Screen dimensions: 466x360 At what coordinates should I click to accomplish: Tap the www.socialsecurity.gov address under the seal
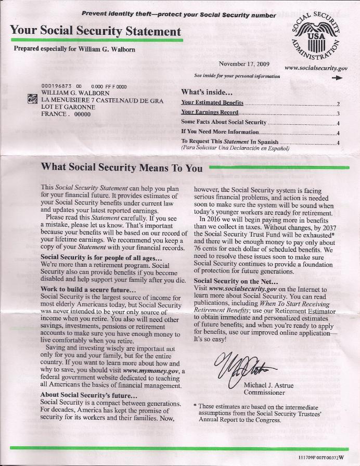click(316, 68)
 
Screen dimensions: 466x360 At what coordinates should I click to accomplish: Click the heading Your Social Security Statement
click(95, 31)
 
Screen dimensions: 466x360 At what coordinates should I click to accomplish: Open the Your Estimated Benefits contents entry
click(212, 103)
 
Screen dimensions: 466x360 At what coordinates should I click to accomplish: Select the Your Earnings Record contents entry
click(209, 112)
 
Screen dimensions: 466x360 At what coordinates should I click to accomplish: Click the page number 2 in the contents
click(338, 103)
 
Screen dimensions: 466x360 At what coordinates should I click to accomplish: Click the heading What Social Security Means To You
click(122, 167)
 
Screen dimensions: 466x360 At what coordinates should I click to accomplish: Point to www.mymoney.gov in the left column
click(156, 371)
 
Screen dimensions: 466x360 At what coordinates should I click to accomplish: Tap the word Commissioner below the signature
click(264, 393)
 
